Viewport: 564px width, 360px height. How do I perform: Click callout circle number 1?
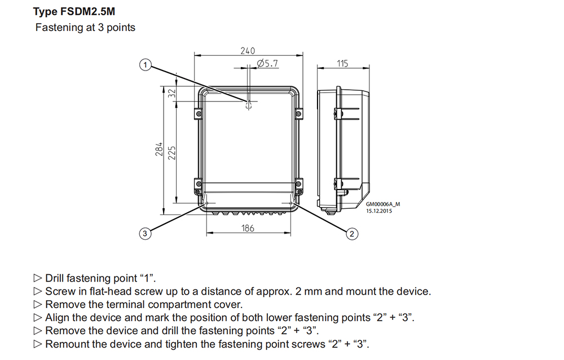[146, 65]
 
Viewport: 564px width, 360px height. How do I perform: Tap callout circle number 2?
[352, 233]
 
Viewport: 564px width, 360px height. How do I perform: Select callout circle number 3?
[145, 233]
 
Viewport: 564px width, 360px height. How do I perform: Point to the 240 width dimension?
[248, 50]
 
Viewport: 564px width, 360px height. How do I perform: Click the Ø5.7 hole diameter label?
[267, 64]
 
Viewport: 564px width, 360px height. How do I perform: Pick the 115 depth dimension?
[343, 64]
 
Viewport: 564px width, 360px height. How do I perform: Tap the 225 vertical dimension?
[172, 152]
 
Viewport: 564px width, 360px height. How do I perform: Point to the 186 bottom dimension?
[248, 228]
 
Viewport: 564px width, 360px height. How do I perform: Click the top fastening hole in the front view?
[248, 105]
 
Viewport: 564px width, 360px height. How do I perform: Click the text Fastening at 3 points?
[85, 27]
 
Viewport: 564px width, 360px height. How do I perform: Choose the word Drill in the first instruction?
[55, 278]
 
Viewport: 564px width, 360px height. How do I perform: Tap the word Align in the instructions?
[57, 318]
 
